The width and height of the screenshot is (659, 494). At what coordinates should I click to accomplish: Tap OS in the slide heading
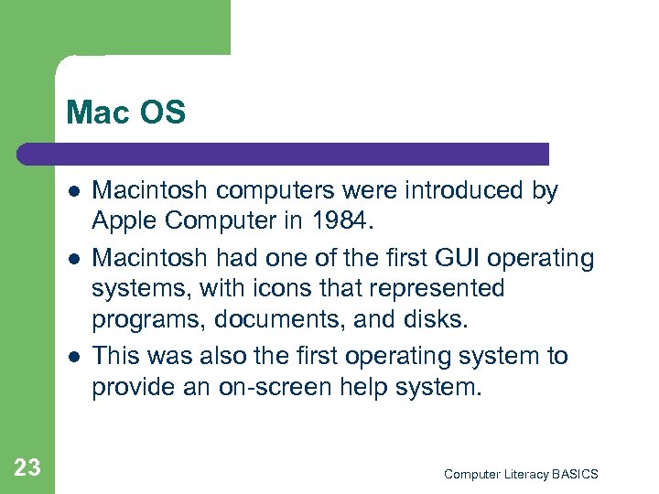(164, 113)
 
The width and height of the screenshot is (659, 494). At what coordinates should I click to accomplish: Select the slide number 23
(27, 468)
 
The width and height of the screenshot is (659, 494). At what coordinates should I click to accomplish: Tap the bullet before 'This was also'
(72, 357)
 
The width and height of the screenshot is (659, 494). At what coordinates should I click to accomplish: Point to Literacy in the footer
(524, 474)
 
